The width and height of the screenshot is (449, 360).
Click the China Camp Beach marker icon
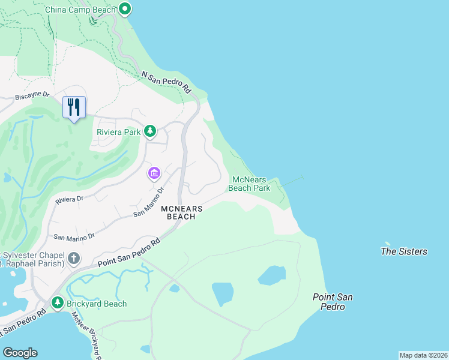(125, 9)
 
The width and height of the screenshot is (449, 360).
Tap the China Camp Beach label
(81, 9)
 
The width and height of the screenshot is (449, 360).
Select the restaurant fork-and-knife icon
(74, 107)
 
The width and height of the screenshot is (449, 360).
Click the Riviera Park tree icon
(150, 131)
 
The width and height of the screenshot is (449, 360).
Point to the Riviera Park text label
(118, 132)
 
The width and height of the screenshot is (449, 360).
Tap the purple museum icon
(154, 173)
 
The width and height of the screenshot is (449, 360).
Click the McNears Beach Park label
(249, 183)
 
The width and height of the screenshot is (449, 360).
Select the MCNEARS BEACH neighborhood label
(181, 212)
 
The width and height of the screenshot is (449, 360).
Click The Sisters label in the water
(404, 251)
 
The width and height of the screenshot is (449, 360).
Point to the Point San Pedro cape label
(332, 302)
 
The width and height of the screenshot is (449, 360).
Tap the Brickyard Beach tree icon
(58, 303)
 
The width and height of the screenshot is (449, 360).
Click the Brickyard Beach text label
(97, 304)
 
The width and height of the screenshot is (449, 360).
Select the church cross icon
(73, 259)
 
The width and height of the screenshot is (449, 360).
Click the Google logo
(20, 353)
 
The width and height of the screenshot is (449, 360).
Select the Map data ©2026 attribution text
(423, 355)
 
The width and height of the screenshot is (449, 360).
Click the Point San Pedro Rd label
(129, 253)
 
